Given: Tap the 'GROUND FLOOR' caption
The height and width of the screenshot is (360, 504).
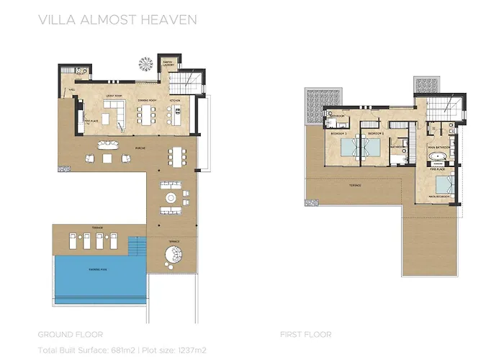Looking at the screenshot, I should coord(69,334).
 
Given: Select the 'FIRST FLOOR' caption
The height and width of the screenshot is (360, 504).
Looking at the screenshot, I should coord(305,334).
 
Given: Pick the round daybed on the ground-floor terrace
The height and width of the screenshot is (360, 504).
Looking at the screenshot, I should coord(173,256).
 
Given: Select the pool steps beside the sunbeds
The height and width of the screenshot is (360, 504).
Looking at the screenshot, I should coord(135,248).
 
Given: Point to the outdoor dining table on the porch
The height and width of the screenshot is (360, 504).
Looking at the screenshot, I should coord(176,156).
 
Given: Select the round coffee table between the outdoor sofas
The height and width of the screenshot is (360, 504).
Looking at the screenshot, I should coord(171,197).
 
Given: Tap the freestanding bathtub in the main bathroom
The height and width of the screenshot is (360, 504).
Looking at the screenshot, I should coord(438,156).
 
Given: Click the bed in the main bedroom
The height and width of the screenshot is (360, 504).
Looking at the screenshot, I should coord(442,180).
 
